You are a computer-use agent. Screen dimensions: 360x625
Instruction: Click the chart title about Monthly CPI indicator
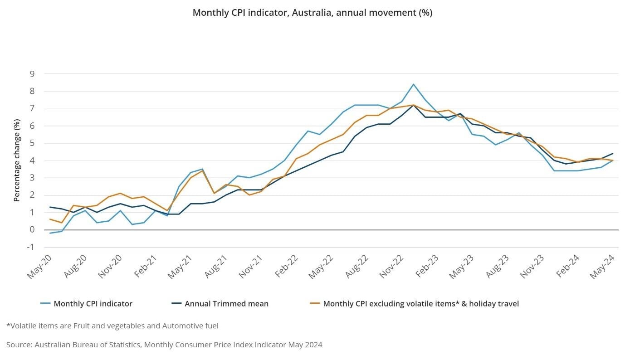click(312, 13)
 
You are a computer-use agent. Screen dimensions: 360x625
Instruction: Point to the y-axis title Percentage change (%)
click(17, 160)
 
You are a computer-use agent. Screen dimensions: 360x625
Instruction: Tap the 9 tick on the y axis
click(33, 73)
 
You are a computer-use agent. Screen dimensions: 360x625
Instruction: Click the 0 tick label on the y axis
click(33, 230)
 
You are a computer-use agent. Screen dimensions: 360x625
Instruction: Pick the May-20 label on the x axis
click(40, 267)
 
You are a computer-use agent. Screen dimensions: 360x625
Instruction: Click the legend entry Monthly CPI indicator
click(93, 304)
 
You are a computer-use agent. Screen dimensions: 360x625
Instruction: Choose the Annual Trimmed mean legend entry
click(226, 304)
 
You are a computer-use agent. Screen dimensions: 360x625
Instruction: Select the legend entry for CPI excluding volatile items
click(420, 304)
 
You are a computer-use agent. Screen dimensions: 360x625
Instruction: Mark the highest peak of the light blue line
click(413, 84)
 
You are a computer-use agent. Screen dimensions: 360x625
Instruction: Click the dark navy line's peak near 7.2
click(413, 105)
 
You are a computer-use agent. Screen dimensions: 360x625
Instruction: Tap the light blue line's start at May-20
click(50, 233)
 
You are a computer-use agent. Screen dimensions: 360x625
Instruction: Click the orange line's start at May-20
click(50, 219)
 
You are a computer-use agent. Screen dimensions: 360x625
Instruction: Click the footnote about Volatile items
click(112, 326)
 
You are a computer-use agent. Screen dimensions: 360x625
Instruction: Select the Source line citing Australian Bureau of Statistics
click(164, 345)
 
